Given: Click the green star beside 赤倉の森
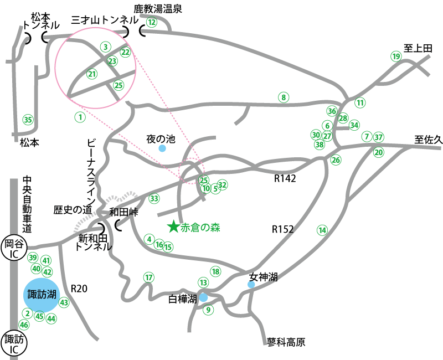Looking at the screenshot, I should tap(173, 226).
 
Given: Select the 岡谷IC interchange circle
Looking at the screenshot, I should tap(12, 248).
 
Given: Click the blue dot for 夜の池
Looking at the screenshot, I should tap(162, 148).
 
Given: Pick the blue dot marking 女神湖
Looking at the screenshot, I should tap(251, 284).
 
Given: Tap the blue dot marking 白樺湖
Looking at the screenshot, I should tap(204, 297).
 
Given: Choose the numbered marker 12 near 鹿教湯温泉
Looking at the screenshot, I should tap(152, 22).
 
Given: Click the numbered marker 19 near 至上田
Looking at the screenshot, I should tap(396, 56).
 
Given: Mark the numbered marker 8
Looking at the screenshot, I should tap(284, 98).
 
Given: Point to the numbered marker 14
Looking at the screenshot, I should tap(322, 230).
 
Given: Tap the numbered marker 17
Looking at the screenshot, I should tap(148, 277).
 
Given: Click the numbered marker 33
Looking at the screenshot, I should tap(154, 198).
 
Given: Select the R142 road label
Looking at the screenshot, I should tap(285, 179).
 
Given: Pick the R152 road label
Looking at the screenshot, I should tap(283, 229).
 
